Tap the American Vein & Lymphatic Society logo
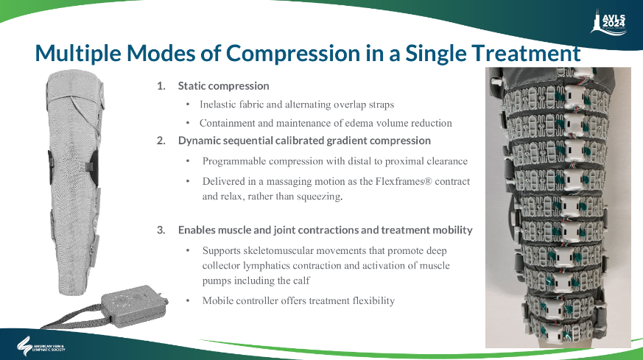click(x=41, y=347)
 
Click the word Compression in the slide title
click(x=293, y=53)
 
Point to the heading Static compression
click(x=223, y=86)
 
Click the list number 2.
click(x=161, y=141)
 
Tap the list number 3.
click(x=161, y=230)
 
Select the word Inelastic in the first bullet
click(x=217, y=105)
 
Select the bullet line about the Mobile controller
click(x=298, y=301)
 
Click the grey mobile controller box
click(x=134, y=305)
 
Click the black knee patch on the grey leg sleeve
click(x=93, y=167)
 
